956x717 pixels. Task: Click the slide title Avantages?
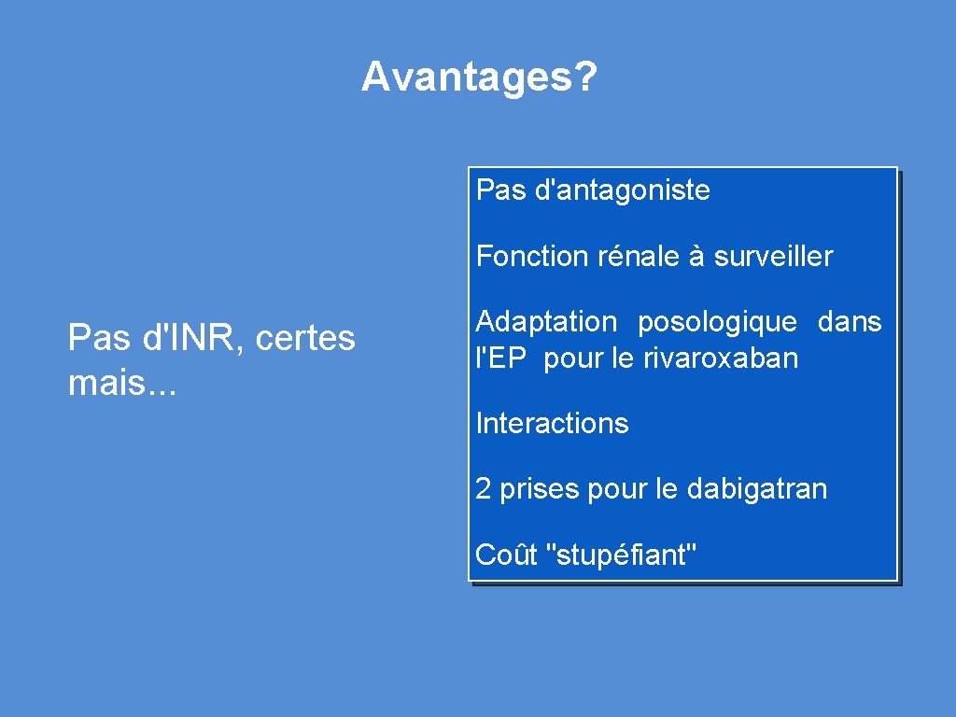point(478,77)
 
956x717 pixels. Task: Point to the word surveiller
point(773,256)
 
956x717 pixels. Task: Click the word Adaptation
point(546,322)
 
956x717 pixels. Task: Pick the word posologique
point(717,322)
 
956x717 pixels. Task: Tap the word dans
point(850,322)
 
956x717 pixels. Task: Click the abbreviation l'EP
point(501,358)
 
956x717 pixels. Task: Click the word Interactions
point(552,424)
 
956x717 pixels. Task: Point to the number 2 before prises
point(484,489)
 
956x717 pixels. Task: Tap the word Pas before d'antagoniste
point(500,190)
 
